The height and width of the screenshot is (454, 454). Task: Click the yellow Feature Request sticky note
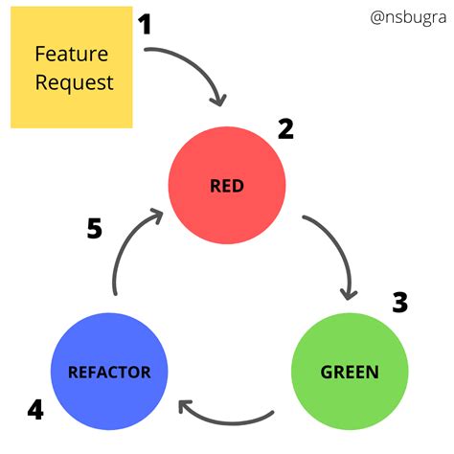pyautogui.click(x=71, y=67)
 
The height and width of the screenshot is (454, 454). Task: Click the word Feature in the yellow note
pyautogui.click(x=72, y=53)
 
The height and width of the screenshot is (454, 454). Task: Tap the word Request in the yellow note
pyautogui.click(x=74, y=81)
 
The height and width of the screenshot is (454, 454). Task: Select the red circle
pyautogui.click(x=227, y=185)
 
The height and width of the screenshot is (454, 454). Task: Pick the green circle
pyautogui.click(x=348, y=371)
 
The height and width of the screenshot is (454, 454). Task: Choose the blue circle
pyautogui.click(x=108, y=371)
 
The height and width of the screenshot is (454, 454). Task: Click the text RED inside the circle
pyautogui.click(x=227, y=186)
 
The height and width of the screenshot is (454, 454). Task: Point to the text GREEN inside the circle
pyautogui.click(x=348, y=372)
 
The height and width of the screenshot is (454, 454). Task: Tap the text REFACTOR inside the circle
pyautogui.click(x=108, y=372)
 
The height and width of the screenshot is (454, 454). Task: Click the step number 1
pyautogui.click(x=145, y=23)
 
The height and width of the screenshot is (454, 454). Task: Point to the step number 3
pyautogui.click(x=399, y=303)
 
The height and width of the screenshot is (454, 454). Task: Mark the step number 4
pyautogui.click(x=35, y=410)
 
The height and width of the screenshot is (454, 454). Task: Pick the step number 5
pyautogui.click(x=94, y=230)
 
